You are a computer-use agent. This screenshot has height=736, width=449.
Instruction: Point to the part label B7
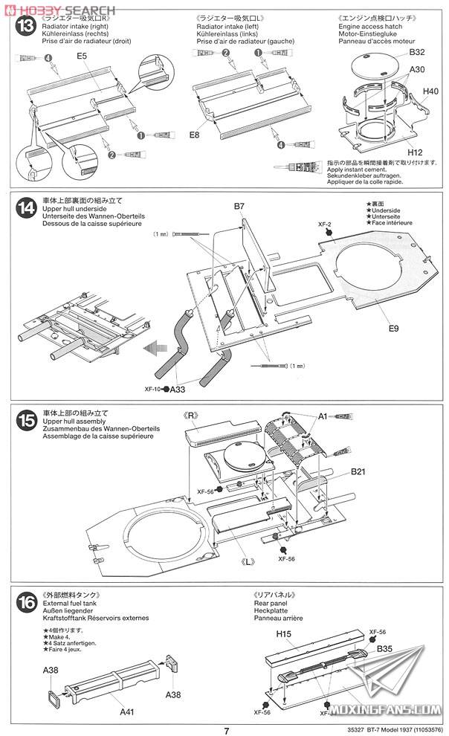[239, 206]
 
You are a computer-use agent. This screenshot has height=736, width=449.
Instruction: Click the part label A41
[128, 711]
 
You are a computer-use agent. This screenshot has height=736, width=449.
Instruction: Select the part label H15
[283, 613]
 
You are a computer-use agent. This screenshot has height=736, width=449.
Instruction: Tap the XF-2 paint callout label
[323, 223]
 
